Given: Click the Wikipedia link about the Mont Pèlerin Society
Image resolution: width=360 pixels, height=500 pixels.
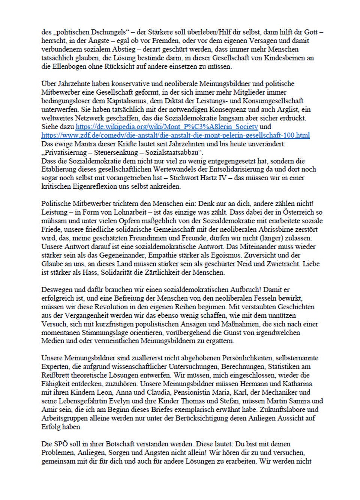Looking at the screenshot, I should [x=167, y=127].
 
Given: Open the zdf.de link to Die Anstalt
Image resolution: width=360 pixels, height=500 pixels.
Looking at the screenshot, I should [x=175, y=135].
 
